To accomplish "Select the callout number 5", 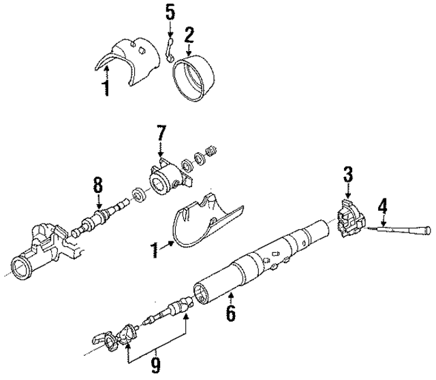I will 170,12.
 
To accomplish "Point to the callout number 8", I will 98,183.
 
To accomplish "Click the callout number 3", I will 347,174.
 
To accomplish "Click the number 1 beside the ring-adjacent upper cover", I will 105,88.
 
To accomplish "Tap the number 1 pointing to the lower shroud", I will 154,252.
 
